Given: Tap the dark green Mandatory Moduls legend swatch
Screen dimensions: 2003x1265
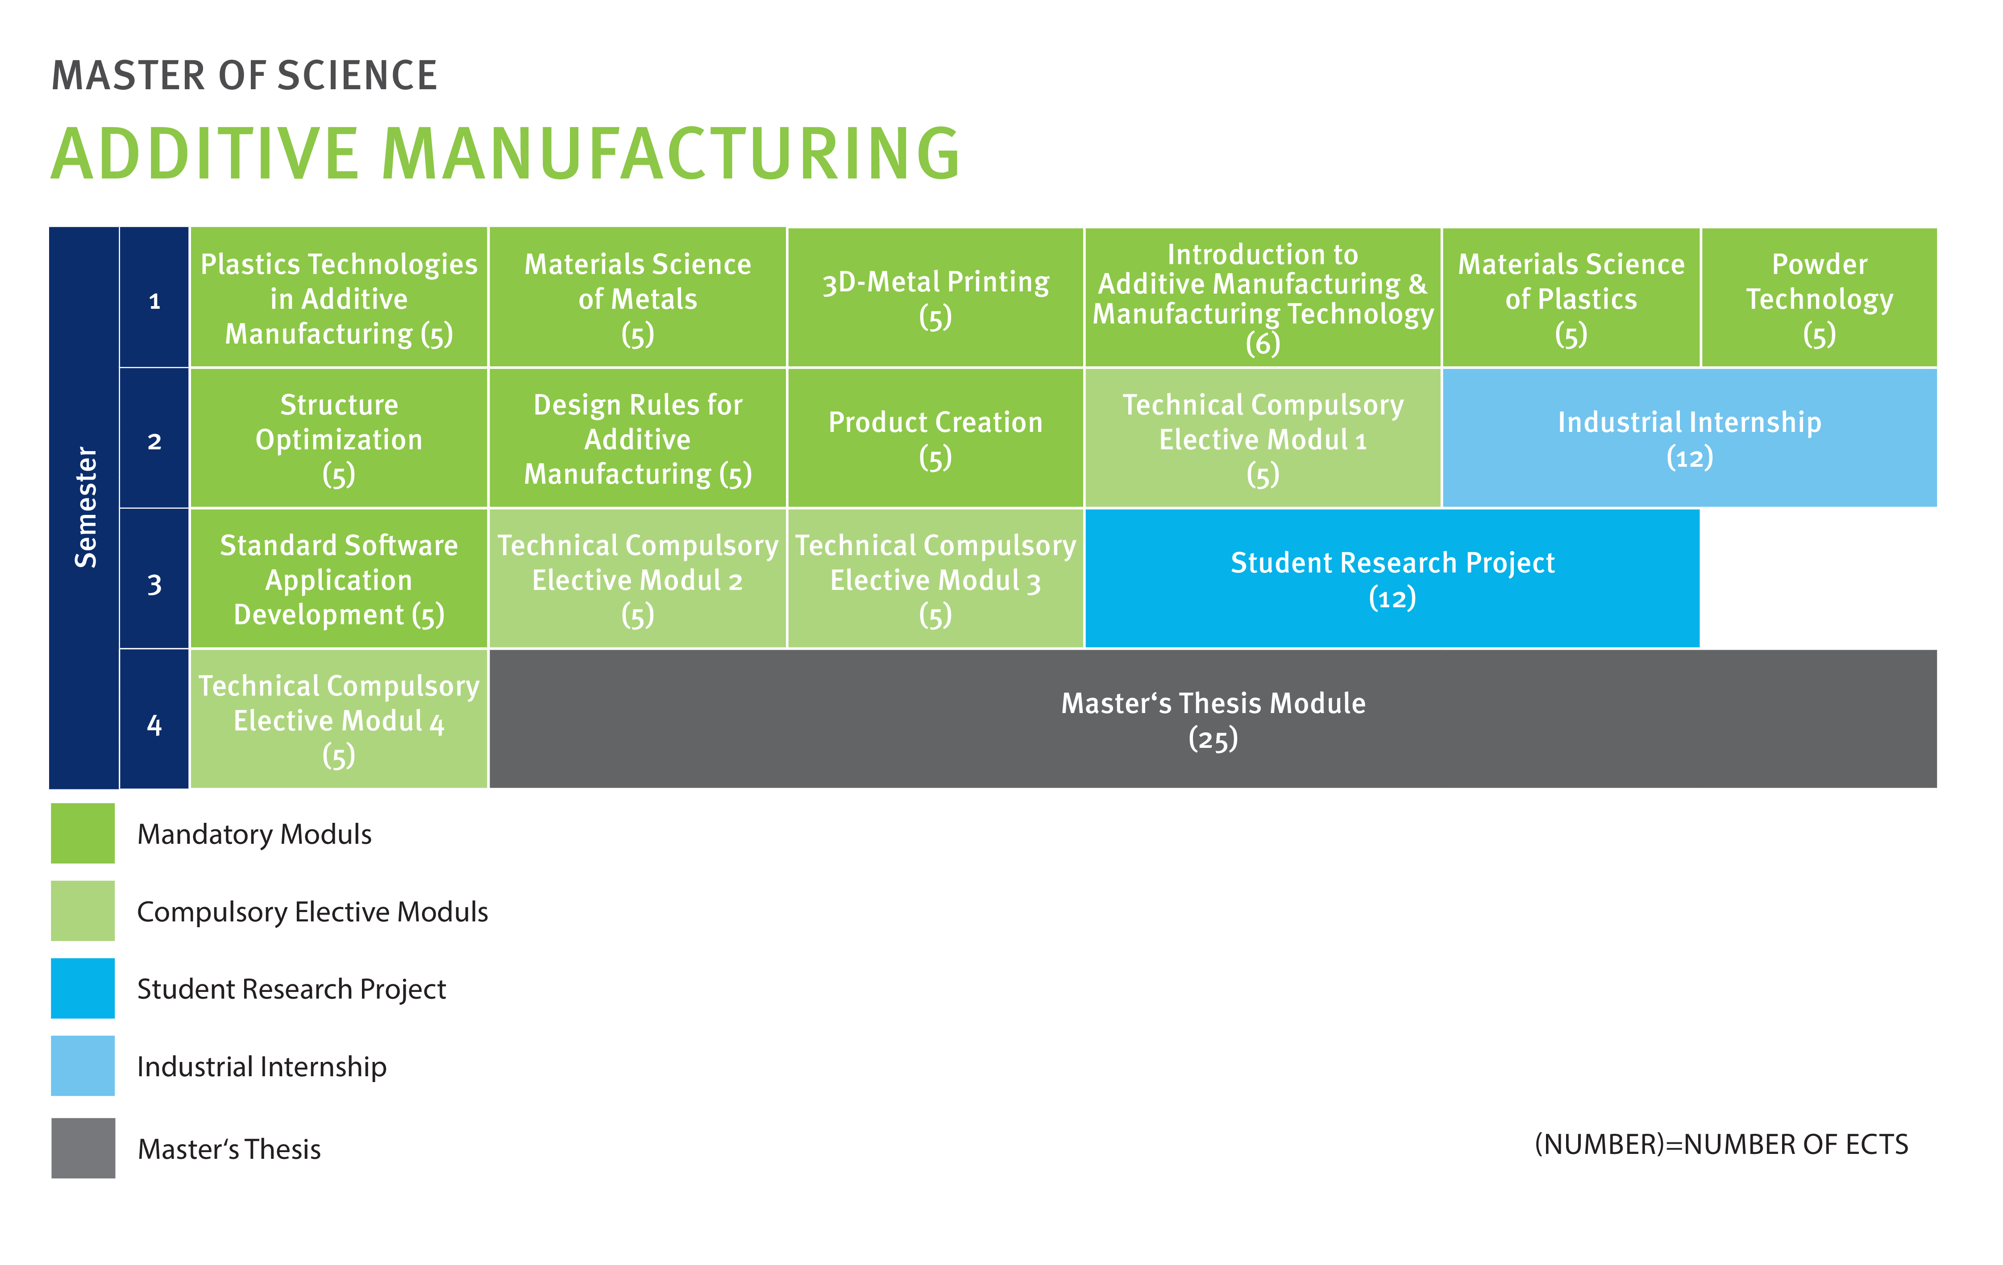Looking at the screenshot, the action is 83,834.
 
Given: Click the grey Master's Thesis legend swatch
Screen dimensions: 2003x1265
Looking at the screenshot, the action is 83,1148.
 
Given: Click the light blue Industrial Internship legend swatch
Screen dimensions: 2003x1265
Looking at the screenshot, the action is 83,1066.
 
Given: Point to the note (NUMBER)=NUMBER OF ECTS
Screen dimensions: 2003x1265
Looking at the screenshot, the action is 1721,1145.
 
